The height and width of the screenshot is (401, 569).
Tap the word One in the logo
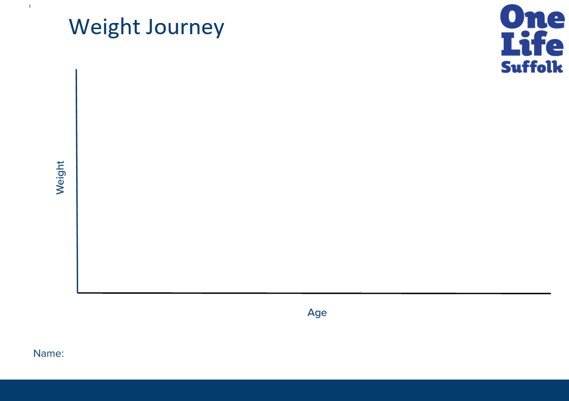pyautogui.click(x=532, y=17)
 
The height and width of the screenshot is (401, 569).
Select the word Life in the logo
pyautogui.click(x=532, y=43)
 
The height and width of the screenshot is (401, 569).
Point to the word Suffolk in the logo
pyautogui.click(x=532, y=67)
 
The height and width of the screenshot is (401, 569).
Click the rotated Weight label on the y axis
pyautogui.click(x=60, y=177)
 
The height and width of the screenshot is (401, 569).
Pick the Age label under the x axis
pyautogui.click(x=317, y=313)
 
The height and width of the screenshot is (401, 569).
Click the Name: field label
pyautogui.click(x=49, y=353)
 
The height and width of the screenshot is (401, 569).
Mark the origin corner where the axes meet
pyautogui.click(x=78, y=293)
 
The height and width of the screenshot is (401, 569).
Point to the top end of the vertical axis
pyautogui.click(x=76, y=69)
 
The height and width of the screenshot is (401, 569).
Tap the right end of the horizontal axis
pyautogui.click(x=551, y=293)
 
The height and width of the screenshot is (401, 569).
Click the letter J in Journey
pyautogui.click(x=150, y=27)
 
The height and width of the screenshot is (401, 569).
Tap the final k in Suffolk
pyautogui.click(x=558, y=67)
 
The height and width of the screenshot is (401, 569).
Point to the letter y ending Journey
pyautogui.click(x=219, y=30)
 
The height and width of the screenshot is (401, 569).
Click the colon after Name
pyautogui.click(x=62, y=355)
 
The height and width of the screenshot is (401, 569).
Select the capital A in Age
pyautogui.click(x=311, y=312)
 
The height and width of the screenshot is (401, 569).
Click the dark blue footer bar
pyautogui.click(x=284, y=390)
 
